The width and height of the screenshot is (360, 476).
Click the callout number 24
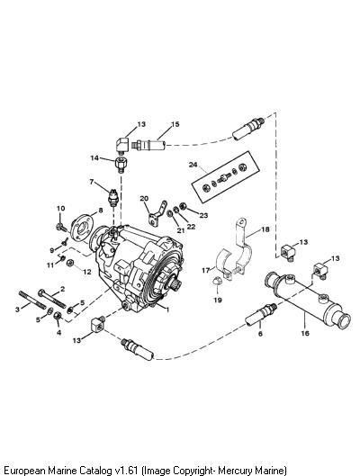pyautogui.click(x=193, y=165)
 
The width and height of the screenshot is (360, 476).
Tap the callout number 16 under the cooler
pyautogui.click(x=305, y=333)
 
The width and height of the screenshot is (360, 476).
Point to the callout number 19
pyautogui.click(x=218, y=300)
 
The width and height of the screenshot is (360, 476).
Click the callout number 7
pyautogui.click(x=92, y=182)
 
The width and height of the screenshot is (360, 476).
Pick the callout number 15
pyautogui.click(x=175, y=124)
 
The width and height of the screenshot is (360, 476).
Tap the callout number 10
pyautogui.click(x=60, y=208)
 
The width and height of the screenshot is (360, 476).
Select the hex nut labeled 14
pyautogui.click(x=121, y=165)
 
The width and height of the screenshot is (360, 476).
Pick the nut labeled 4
pyautogui.click(x=58, y=316)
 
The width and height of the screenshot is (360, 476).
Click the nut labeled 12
pyautogui.click(x=70, y=262)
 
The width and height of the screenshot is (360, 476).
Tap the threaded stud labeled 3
pyautogui.click(x=32, y=300)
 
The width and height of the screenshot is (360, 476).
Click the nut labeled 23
pyautogui.click(x=183, y=206)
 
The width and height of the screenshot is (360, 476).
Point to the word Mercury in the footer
pyautogui.click(x=233, y=471)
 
